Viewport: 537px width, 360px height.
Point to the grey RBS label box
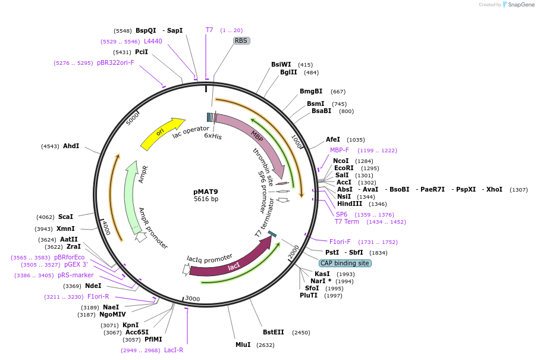pyautogui.click(x=241, y=41)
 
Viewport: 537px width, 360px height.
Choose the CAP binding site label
pyautogui.click(x=345, y=263)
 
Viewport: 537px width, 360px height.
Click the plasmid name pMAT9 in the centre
pyautogui.click(x=206, y=192)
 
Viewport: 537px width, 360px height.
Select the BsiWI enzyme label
pyautogui.click(x=281, y=64)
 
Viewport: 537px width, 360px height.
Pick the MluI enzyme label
pyautogui.click(x=243, y=345)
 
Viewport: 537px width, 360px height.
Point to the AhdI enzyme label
pyautogui.click(x=71, y=146)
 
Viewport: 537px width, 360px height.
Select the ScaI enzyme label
pyautogui.click(x=65, y=217)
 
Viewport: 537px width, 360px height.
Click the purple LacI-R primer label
pyautogui.click(x=174, y=350)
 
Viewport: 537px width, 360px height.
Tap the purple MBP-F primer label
pyautogui.click(x=340, y=150)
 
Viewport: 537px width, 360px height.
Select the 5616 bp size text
pyautogui.click(x=206, y=199)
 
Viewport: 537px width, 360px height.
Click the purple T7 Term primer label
pyautogui.click(x=347, y=221)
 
